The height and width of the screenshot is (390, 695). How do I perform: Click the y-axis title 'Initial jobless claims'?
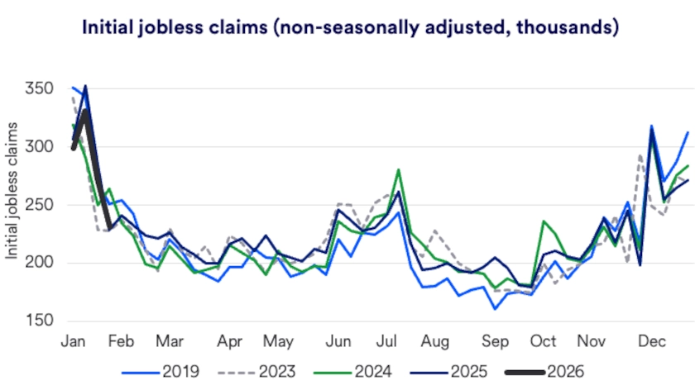pyautogui.click(x=12, y=190)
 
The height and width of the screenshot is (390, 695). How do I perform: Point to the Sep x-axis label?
pyautogui.click(x=496, y=341)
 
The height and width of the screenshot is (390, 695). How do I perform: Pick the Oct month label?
pyautogui.click(x=543, y=341)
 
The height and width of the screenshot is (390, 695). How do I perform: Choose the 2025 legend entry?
pyautogui.click(x=478, y=372)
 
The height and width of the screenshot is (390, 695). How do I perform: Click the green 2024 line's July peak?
pyautogui.click(x=399, y=170)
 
